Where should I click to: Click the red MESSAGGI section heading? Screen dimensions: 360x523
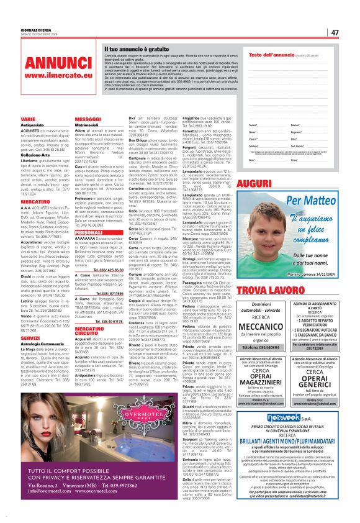88,118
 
